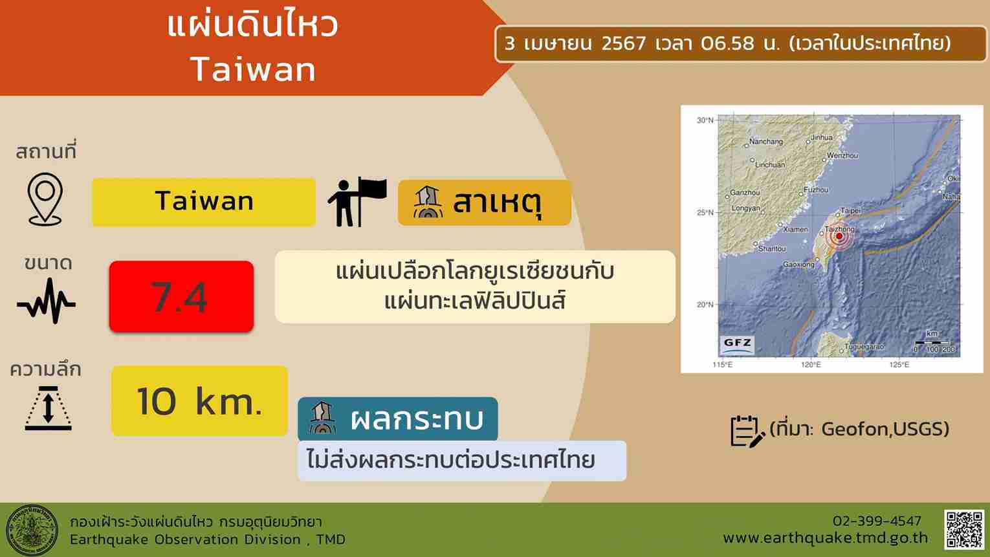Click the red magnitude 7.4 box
[181, 296]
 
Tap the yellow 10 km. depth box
[199, 400]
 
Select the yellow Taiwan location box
[204, 202]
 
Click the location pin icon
[45, 199]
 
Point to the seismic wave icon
[46, 301]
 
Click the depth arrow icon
[49, 408]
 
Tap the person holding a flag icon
[357, 202]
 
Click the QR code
[963, 530]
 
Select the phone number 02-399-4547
[877, 521]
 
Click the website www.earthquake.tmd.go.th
[825, 538]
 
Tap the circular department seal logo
[32, 530]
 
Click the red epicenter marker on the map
[839, 237]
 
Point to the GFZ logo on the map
[737, 344]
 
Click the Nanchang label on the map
[765, 142]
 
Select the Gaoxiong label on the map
[798, 264]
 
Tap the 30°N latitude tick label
[705, 120]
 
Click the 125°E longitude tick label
[899, 365]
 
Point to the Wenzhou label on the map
[842, 155]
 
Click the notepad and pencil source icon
[747, 431]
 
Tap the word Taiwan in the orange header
[253, 69]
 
